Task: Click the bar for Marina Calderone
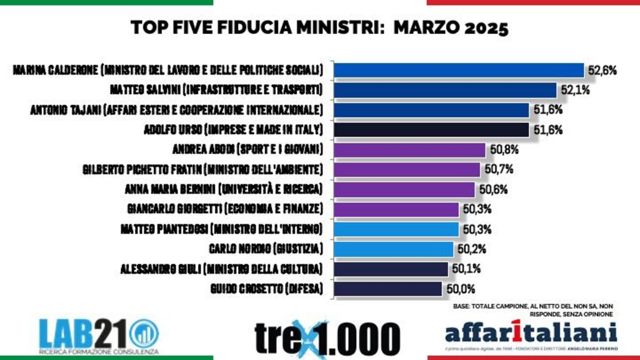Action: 459,70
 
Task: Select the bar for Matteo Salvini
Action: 445,90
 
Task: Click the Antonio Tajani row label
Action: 176,110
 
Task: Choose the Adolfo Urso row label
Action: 234,130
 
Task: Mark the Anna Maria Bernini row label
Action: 223,189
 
